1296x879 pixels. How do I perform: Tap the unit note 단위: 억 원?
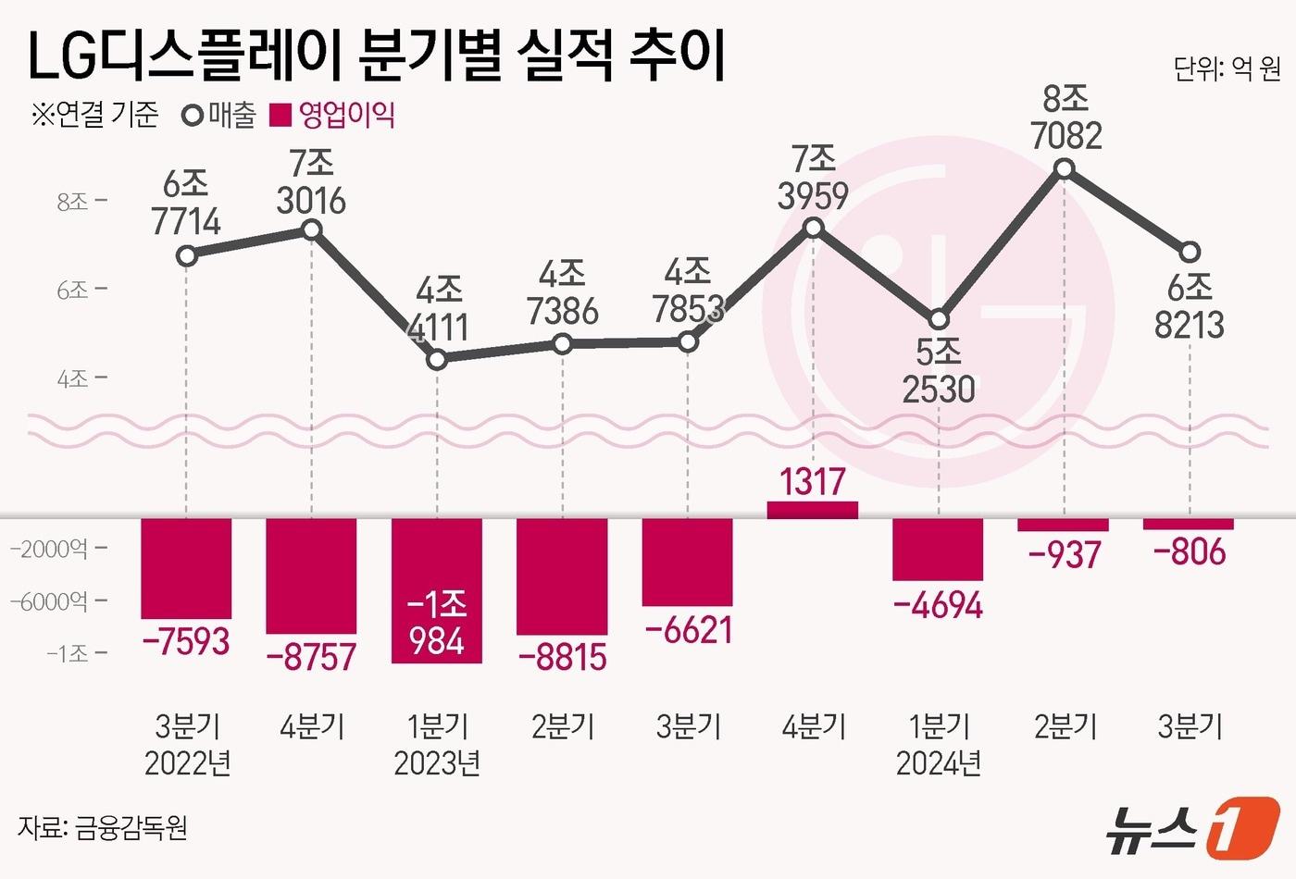[1227, 69]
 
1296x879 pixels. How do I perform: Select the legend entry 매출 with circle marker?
[220, 116]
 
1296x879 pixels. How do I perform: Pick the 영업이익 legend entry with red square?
[333, 116]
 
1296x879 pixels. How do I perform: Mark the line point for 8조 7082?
[1065, 169]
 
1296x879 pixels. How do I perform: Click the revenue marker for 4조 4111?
[438, 359]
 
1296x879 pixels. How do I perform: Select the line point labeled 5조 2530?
[939, 319]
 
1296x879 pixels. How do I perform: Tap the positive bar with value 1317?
[813, 510]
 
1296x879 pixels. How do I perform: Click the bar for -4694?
[938, 549]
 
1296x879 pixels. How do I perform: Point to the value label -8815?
[562, 658]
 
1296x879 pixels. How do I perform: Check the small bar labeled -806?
[1189, 525]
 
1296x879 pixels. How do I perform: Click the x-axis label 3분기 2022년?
[187, 745]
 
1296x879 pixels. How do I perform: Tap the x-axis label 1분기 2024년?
[939, 745]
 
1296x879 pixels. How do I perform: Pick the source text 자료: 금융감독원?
[102, 826]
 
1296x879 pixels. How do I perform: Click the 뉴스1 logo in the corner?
[1194, 826]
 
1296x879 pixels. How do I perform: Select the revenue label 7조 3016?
[312, 182]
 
